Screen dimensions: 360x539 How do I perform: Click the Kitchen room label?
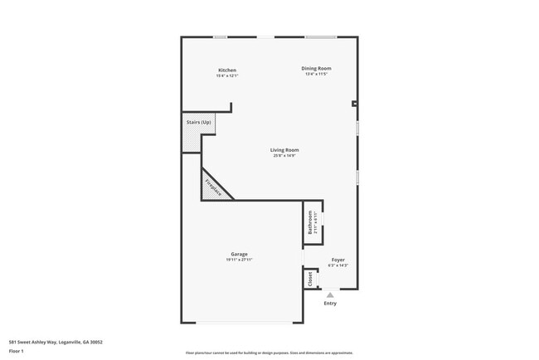click(x=227, y=70)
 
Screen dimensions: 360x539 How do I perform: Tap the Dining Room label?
click(x=316, y=68)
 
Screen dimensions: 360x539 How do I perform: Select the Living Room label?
click(x=284, y=149)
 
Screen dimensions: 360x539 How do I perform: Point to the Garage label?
click(x=239, y=254)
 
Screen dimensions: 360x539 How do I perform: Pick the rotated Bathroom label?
click(x=310, y=224)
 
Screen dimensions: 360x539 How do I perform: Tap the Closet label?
click(x=310, y=279)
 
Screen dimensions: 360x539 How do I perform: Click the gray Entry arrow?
click(x=330, y=294)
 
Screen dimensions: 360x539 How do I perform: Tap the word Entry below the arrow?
click(x=330, y=304)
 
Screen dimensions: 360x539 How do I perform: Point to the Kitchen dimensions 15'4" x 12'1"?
click(x=227, y=76)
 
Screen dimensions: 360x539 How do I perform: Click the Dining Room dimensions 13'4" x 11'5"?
click(x=316, y=75)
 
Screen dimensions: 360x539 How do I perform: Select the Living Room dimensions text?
click(x=284, y=156)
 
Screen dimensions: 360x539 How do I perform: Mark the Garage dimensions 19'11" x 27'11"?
click(x=239, y=260)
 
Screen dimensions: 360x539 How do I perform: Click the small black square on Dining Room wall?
click(x=354, y=104)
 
